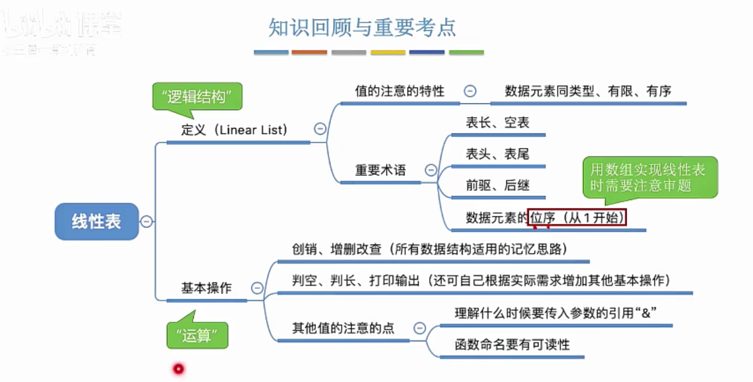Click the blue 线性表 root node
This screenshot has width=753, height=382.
[97, 221]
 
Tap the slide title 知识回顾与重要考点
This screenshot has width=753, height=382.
[362, 27]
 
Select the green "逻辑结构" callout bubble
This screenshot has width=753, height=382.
[197, 96]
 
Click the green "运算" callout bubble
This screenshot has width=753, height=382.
[197, 336]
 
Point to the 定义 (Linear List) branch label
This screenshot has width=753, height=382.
[234, 130]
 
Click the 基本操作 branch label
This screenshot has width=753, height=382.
[206, 288]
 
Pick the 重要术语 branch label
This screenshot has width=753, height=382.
[380, 170]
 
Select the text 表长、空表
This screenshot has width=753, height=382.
[497, 123]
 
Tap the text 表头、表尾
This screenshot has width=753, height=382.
[497, 154]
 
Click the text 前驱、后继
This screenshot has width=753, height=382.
[497, 185]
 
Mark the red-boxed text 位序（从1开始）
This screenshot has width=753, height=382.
[577, 217]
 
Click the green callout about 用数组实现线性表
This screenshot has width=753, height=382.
[650, 177]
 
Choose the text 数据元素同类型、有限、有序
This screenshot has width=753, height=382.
[588, 91]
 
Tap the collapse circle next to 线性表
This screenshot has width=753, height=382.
[146, 221]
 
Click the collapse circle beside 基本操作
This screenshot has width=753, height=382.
[257, 288]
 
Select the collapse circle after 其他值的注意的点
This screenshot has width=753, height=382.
[420, 328]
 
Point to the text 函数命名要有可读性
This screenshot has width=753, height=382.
[512, 345]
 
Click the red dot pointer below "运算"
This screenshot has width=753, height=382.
[179, 368]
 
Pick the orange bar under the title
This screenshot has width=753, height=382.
[309, 52]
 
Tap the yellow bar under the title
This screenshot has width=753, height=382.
[388, 52]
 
